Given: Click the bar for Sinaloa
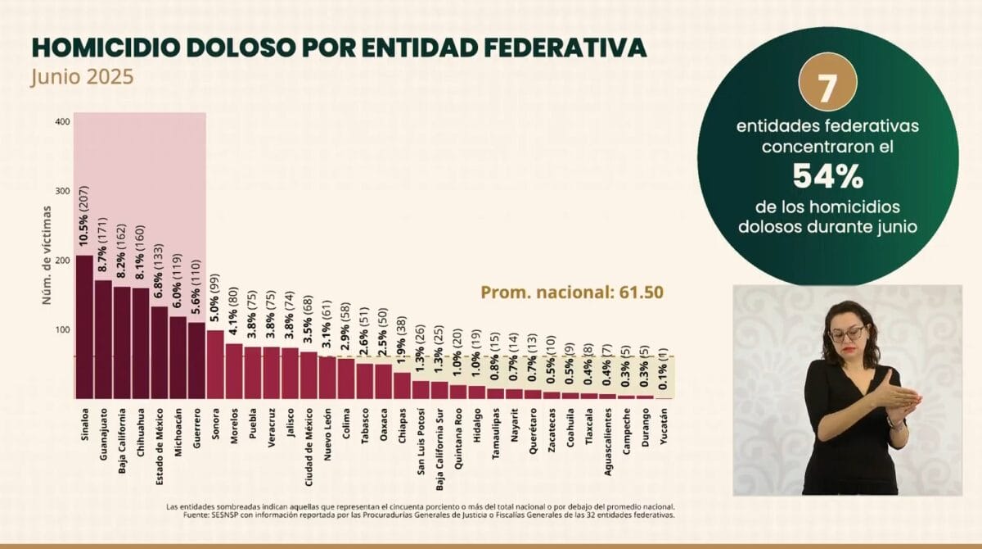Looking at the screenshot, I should [84, 326].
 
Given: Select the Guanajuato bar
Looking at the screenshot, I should [103, 338].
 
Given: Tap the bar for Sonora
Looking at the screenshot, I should [215, 364].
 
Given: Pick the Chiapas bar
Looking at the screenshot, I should [402, 385].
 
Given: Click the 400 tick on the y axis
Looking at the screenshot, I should [62, 122].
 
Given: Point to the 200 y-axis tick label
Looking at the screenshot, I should [62, 261].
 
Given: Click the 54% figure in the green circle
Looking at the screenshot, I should [828, 175].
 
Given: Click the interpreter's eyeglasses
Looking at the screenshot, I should [847, 333].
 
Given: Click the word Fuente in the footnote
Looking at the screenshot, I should [179, 515].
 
